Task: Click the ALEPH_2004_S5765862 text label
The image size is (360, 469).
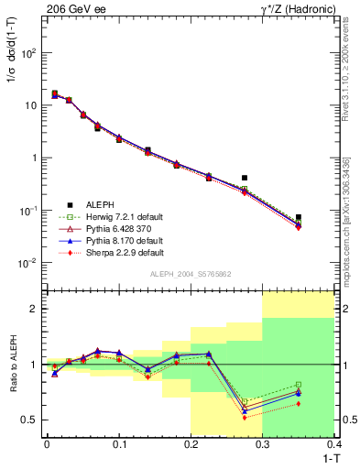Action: point(190,275)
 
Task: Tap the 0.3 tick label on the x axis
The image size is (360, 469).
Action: point(263,445)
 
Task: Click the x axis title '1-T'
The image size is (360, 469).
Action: point(327,459)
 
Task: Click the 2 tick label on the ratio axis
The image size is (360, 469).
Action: point(37,309)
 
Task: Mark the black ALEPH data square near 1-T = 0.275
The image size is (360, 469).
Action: point(245,178)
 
